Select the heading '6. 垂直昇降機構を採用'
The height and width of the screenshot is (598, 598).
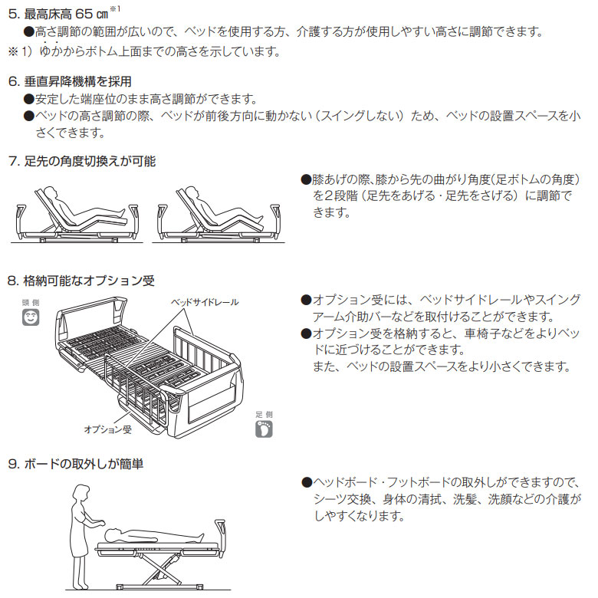point(70,81)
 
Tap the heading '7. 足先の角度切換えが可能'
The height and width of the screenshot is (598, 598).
point(82,161)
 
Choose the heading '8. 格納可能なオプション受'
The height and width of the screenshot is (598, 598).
point(81,281)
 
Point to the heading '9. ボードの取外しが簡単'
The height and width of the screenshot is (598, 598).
point(75,464)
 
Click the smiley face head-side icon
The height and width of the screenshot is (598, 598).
point(31,317)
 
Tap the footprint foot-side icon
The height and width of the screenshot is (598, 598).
point(264,429)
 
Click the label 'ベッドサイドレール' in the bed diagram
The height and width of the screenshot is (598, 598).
point(205,302)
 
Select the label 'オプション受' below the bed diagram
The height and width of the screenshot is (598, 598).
point(108,429)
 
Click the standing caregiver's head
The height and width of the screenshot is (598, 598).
point(82,493)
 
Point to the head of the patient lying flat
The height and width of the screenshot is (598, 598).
point(112,534)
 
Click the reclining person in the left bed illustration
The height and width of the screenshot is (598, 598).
point(83,209)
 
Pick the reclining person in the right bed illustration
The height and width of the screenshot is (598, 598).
point(223,209)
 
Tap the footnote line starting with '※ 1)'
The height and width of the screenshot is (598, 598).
point(144,51)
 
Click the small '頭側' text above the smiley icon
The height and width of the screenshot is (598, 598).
point(31,302)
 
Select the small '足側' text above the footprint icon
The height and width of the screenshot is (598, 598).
point(264,415)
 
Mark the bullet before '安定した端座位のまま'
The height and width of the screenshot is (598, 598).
point(29,99)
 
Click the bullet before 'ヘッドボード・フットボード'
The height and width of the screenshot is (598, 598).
point(307,483)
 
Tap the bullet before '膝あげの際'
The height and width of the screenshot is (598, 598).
point(306,179)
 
